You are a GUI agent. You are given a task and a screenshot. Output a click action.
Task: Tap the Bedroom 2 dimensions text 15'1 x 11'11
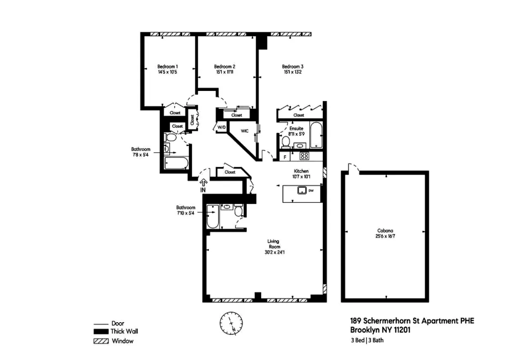coord(223,72)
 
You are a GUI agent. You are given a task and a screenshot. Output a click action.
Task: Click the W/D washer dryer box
coord(221,127)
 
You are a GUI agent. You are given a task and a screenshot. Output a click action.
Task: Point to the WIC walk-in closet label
coord(244,131)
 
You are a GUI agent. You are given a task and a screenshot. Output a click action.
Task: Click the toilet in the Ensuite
coord(285,142)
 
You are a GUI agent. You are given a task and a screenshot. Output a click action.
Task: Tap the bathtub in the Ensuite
coord(316,135)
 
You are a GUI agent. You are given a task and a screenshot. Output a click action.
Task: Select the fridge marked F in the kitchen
coord(284,157)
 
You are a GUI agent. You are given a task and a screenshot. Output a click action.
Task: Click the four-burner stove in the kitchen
coord(304,156)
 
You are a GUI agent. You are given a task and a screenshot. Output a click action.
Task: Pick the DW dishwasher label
coord(311,191)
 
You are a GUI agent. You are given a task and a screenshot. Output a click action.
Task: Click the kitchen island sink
coord(301,191)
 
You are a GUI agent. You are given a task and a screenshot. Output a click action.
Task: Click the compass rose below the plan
coord(231,323)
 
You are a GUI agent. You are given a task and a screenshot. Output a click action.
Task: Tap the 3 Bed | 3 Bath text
coord(367,340)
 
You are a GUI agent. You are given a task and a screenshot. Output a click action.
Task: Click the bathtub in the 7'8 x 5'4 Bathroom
coord(176,162)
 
